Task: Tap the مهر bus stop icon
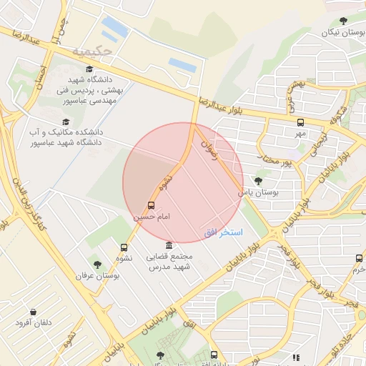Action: (300, 122)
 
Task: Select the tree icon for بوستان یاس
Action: (258, 182)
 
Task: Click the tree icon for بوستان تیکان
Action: (344, 21)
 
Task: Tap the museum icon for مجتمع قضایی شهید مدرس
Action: (169, 244)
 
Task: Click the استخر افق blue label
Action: (223, 233)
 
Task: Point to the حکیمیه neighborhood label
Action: (92, 51)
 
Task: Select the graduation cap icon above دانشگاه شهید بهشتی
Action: (89, 69)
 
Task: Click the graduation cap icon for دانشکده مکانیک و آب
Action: (66, 122)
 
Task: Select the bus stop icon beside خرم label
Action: (359, 258)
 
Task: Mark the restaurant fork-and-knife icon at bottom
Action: (296, 357)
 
